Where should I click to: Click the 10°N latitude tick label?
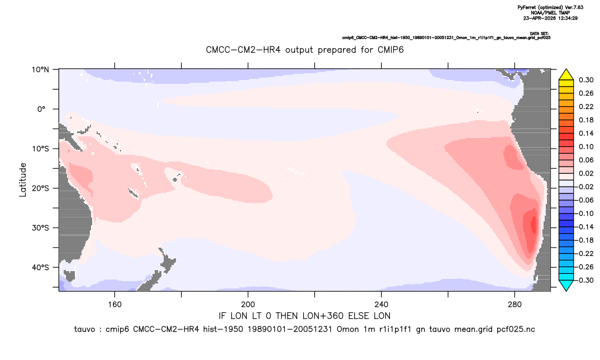click(40, 70)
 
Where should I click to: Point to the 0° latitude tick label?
click(41, 109)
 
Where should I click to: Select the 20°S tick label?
click(40, 188)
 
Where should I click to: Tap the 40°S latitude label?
click(40, 267)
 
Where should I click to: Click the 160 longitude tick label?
click(115, 305)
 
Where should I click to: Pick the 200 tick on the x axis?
click(248, 305)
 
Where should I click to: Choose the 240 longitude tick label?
click(382, 305)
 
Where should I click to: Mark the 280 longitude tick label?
click(515, 305)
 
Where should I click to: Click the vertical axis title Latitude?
click(23, 180)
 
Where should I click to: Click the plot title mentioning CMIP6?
click(304, 50)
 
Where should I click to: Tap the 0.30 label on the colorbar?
click(586, 80)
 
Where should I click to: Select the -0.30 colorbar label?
click(584, 280)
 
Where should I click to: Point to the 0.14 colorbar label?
click(586, 133)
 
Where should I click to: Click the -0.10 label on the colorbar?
click(584, 214)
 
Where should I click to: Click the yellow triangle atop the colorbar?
click(566, 75)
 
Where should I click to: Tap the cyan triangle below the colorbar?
click(566, 285)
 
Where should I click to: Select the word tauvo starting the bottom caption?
click(84, 329)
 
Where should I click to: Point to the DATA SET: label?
click(540, 34)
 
